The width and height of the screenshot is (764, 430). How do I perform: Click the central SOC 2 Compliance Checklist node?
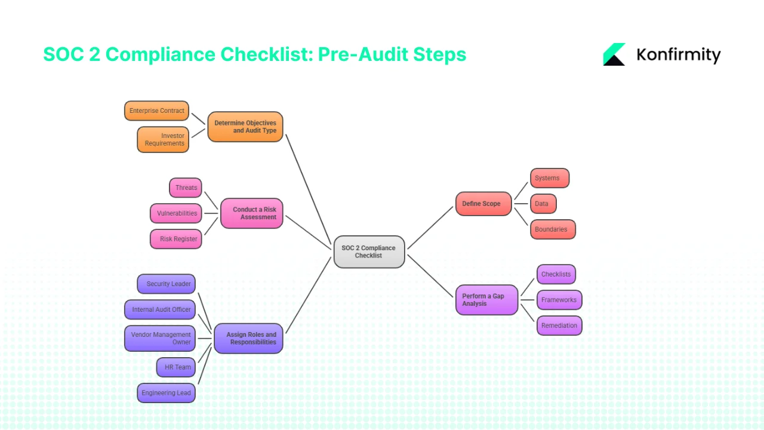click(x=369, y=251)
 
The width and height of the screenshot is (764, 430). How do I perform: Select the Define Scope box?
click(x=483, y=204)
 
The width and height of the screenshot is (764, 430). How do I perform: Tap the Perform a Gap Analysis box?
click(x=486, y=300)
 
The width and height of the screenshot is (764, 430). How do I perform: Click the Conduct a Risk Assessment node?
click(x=251, y=213)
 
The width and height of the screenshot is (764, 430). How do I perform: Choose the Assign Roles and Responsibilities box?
click(x=248, y=339)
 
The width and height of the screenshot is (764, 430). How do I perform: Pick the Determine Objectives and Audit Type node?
click(x=245, y=127)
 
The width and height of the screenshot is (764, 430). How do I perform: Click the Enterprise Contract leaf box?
click(x=156, y=110)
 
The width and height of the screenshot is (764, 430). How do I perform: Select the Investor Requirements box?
click(x=163, y=139)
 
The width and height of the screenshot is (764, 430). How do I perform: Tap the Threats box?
click(x=186, y=188)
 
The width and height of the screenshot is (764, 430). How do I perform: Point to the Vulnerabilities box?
click(x=176, y=213)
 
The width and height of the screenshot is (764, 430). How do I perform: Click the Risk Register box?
click(x=176, y=239)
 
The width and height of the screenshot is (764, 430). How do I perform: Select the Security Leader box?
click(x=167, y=284)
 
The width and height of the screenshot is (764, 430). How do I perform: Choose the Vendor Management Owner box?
click(x=160, y=339)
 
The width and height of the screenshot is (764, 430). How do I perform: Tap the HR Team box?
click(x=176, y=367)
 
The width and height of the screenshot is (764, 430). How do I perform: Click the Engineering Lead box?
click(x=166, y=393)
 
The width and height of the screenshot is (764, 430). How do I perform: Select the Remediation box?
click(x=559, y=325)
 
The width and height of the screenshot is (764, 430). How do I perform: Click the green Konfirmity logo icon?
click(x=614, y=54)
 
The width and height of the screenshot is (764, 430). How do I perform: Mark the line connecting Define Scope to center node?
click(x=430, y=228)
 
